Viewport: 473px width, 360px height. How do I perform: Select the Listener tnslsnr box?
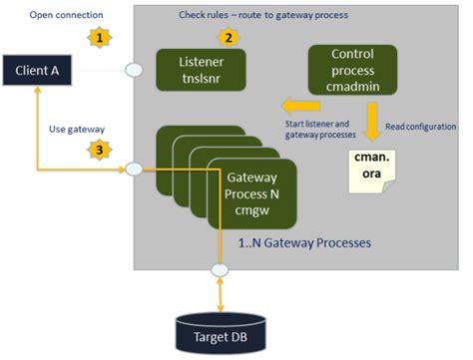204,69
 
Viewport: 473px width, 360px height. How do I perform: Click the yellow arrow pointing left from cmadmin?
295,104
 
